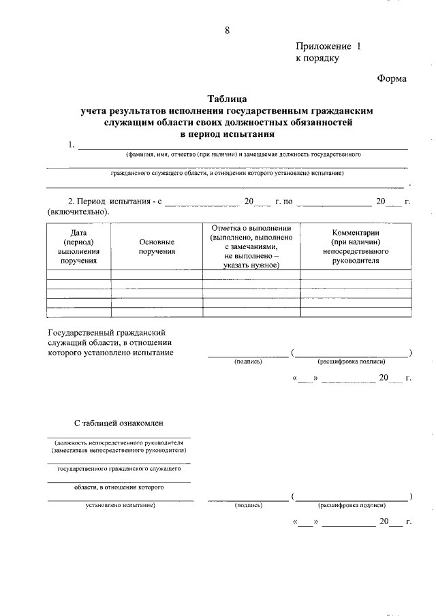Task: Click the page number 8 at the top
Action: pos(227,30)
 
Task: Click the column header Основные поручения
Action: pos(157,246)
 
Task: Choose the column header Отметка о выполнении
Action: pos(251,228)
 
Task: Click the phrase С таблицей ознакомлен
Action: pos(119,423)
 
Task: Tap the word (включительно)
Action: pos(78,212)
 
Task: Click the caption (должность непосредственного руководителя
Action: pos(119,442)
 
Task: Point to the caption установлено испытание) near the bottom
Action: pos(120,505)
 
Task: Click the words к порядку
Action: pos(317,59)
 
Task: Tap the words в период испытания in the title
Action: pos(227,134)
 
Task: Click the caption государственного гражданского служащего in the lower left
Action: pos(119,469)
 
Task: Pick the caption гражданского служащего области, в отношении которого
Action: pos(227,174)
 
